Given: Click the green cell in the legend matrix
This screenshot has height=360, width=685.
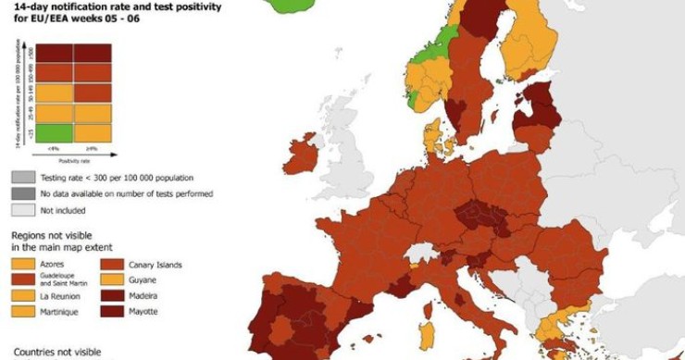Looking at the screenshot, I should (55, 133).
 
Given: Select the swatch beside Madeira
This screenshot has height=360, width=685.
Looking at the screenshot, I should (112, 296).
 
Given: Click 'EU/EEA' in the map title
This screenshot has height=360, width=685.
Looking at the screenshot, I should (46, 16).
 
